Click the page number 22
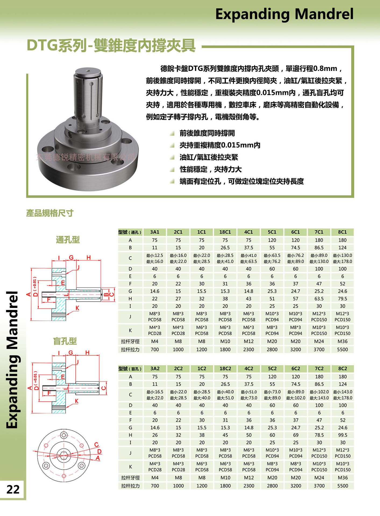13,489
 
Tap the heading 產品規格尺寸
50,213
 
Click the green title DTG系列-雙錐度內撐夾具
111,45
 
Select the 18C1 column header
225,232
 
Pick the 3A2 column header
155,368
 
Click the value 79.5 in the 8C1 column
342,299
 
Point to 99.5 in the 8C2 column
343,435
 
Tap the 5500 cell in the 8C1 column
342,349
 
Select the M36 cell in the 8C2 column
343,478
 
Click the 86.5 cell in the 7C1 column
319,248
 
